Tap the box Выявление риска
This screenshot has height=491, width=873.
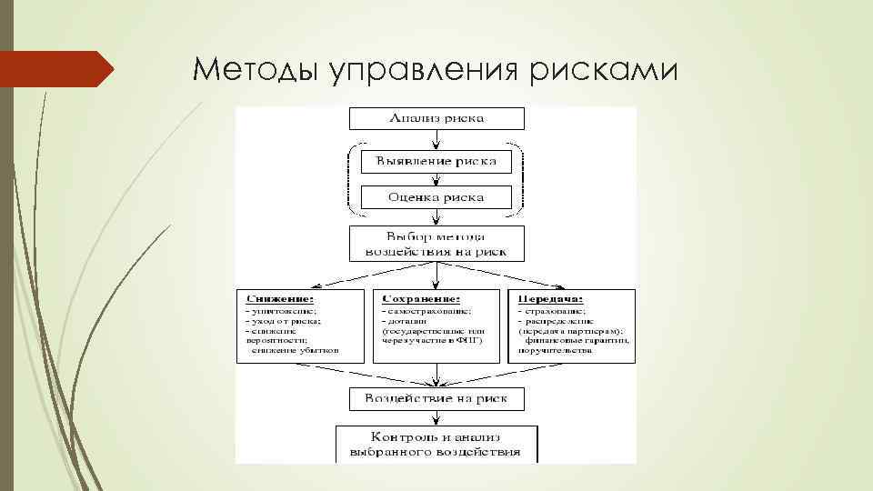tap(436, 163)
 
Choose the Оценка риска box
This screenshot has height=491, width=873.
tap(436, 197)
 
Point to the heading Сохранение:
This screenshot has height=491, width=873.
tap(422, 298)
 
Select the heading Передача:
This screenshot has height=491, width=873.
tap(550, 298)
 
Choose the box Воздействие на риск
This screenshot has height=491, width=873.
tap(436, 398)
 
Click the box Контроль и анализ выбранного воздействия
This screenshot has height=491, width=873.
tap(436, 443)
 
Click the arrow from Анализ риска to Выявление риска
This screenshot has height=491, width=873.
tap(436, 138)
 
